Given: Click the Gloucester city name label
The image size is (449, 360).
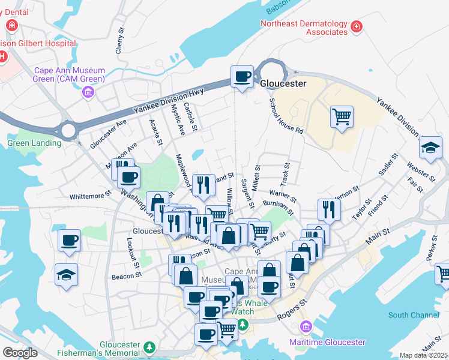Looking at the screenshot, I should tap(283, 83).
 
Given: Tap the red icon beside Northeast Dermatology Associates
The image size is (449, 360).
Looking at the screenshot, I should tap(357, 26).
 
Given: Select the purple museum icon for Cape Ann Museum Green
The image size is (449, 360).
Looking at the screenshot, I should tap(89, 92).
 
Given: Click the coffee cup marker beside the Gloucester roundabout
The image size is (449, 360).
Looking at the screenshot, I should tap(243, 77).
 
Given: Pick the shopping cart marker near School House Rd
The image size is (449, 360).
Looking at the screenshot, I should tap(342, 117).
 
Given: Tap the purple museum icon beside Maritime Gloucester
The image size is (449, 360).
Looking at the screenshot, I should tap(306, 327).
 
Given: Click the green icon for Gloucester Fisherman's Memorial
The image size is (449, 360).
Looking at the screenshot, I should tap(149, 346).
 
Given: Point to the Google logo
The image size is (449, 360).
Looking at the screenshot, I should tap(20, 353).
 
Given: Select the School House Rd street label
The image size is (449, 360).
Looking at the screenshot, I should tap(286, 116).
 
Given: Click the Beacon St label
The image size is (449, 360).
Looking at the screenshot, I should tap(126, 277).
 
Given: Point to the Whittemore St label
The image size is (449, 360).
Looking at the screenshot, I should tap(91, 195).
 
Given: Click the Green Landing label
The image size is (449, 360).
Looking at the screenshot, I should tap(34, 143).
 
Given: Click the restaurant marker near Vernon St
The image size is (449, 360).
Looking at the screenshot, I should tap(329, 209).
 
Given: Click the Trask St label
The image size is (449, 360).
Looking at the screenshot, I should tap(285, 173).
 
